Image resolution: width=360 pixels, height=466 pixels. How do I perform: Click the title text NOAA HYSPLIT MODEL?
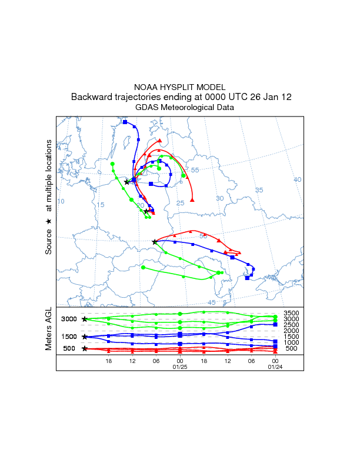pyautogui.click(x=179, y=87)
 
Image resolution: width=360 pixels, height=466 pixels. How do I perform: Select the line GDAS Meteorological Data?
pyautogui.click(x=179, y=107)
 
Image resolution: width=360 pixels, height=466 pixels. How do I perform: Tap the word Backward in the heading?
pyautogui.click(x=89, y=97)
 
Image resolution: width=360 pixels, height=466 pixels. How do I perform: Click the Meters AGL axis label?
pyautogui.click(x=49, y=331)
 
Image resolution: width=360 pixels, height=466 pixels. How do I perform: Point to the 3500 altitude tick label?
pyautogui.click(x=291, y=313)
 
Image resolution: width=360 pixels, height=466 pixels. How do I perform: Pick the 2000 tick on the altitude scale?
pyautogui.click(x=291, y=331)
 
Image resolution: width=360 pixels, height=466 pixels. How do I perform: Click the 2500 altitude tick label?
pyautogui.click(x=291, y=325)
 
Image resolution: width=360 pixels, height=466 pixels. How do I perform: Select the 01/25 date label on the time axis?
pyautogui.click(x=179, y=367)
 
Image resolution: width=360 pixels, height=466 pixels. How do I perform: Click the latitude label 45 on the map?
pyautogui.click(x=212, y=302)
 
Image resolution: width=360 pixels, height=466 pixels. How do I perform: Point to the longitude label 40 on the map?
pyautogui.click(x=298, y=179)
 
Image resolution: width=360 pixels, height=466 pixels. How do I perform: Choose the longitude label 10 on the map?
pyautogui.click(x=61, y=202)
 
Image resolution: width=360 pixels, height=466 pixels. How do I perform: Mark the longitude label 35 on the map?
pyautogui.click(x=259, y=190)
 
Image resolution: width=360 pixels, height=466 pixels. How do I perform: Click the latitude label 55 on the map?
pyautogui.click(x=195, y=170)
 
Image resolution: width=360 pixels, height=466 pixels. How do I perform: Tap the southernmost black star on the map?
pyautogui.click(x=155, y=242)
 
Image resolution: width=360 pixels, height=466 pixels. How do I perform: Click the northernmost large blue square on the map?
pyautogui.click(x=125, y=122)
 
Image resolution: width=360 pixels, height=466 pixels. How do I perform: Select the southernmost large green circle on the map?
pyautogui.click(x=143, y=268)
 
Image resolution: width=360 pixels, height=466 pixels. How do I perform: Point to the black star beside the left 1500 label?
pyautogui.click(x=85, y=337)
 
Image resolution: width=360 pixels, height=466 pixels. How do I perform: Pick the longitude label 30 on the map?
pyautogui.click(x=220, y=198)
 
